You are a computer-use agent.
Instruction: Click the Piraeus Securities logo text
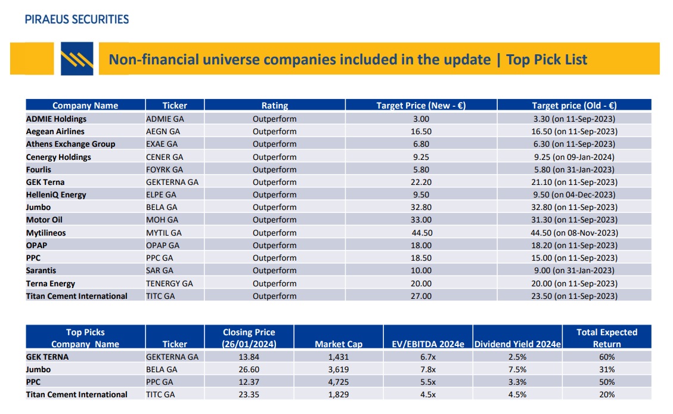pyautogui.click(x=77, y=19)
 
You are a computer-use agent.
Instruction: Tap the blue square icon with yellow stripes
pyautogui.click(x=77, y=58)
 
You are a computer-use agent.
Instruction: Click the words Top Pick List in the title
pyautogui.click(x=547, y=60)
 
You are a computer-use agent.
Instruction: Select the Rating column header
pyautogui.click(x=274, y=106)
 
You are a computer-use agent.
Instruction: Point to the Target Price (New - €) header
pyautogui.click(x=420, y=106)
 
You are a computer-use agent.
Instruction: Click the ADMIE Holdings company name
pyautogui.click(x=56, y=119)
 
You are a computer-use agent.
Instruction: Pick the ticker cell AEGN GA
pyautogui.click(x=163, y=131)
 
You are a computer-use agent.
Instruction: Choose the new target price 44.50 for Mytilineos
pyautogui.click(x=421, y=233)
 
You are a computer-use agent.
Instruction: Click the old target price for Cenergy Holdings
pyautogui.click(x=574, y=157)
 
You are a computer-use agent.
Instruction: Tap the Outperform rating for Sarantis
pyautogui.click(x=274, y=270)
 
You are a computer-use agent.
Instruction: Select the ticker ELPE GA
pyautogui.click(x=161, y=194)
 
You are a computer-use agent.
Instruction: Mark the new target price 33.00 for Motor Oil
pyautogui.click(x=421, y=220)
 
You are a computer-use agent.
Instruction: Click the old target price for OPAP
pyautogui.click(x=574, y=245)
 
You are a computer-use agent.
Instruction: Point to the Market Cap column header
pyautogui.click(x=338, y=344)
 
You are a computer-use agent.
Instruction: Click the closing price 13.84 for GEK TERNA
pyautogui.click(x=249, y=357)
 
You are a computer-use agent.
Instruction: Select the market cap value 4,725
pyautogui.click(x=338, y=382)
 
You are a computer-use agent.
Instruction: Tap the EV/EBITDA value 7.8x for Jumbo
pyautogui.click(x=427, y=369)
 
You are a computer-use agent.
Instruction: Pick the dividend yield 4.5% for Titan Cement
pyautogui.click(x=517, y=394)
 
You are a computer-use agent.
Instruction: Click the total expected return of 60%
pyautogui.click(x=607, y=357)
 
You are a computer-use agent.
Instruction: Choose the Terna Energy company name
pyautogui.click(x=51, y=283)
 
